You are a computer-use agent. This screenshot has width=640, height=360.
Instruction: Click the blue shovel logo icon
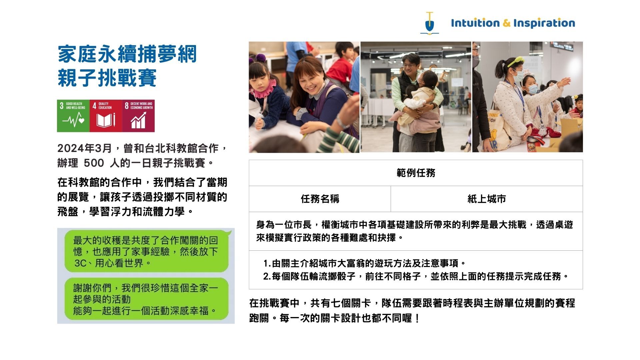pos(430,23)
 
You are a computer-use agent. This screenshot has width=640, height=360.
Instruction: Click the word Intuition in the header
pos(475,23)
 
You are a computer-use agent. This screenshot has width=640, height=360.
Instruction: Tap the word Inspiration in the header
pos(544,23)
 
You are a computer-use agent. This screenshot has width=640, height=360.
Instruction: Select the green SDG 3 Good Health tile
pos(73,116)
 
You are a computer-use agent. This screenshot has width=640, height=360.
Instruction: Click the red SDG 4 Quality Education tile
pos(106,116)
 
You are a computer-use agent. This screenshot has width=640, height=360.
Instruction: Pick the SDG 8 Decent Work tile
pos(138,116)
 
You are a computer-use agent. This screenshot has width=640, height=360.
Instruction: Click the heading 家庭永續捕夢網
pos(127,54)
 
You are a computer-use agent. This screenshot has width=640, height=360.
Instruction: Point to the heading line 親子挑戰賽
pos(107,78)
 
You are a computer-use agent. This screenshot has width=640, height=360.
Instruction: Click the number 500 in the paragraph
pos(94,163)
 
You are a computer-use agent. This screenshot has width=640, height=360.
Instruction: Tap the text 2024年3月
pos(84,148)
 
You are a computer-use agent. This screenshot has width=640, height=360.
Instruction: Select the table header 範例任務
pos(416,173)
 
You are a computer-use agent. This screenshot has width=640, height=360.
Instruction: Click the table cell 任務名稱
pos(320,199)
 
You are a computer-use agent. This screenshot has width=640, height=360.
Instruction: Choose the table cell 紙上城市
pos(487,199)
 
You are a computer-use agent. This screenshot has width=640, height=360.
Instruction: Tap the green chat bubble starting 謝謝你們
pos(147,299)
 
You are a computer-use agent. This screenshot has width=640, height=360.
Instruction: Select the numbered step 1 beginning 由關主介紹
pos(365,263)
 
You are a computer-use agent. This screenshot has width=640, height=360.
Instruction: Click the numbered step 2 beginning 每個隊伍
pos(416,276)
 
